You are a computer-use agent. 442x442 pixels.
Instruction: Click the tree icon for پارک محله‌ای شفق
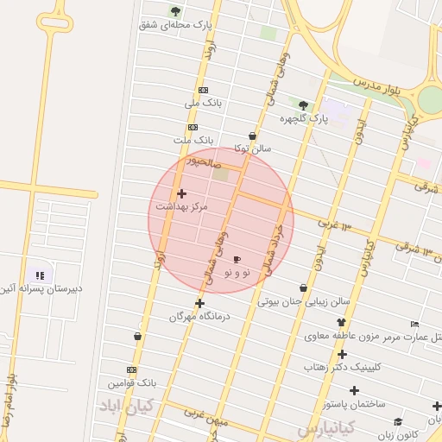(x=175, y=11)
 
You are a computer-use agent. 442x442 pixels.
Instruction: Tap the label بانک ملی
(x=204, y=104)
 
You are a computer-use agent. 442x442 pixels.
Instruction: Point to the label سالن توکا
(x=252, y=148)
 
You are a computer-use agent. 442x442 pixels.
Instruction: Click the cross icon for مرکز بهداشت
(x=181, y=193)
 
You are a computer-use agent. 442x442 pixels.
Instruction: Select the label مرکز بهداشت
(x=181, y=207)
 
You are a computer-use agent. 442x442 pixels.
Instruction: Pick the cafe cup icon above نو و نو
(x=237, y=259)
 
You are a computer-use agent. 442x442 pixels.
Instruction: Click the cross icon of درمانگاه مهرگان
(x=200, y=303)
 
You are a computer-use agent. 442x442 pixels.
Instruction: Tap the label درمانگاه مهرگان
(x=200, y=317)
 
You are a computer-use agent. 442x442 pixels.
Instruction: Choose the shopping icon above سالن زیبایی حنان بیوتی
(x=303, y=287)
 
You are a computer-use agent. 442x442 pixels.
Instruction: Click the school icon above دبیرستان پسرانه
(x=40, y=275)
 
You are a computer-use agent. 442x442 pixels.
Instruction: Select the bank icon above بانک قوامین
(x=132, y=369)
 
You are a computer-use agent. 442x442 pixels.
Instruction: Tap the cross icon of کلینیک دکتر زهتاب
(x=343, y=354)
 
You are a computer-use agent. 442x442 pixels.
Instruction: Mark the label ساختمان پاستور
(x=354, y=404)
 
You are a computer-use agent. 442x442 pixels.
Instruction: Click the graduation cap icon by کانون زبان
(x=398, y=421)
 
